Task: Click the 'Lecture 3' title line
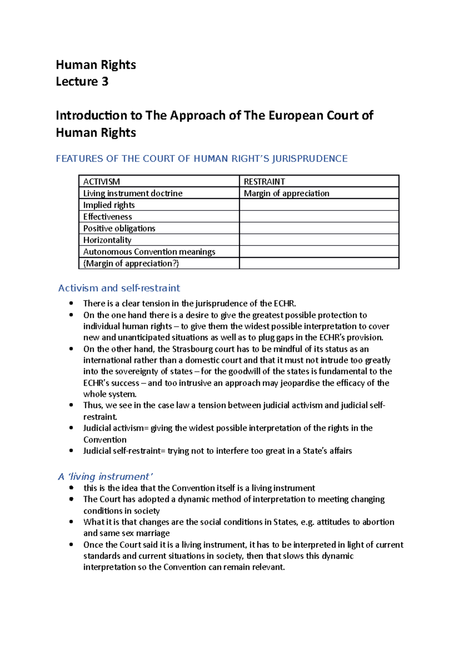(x=82, y=82)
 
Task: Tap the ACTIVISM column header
(x=101, y=181)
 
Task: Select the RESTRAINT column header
(x=264, y=181)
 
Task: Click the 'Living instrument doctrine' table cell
(x=133, y=193)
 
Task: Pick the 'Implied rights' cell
(x=109, y=205)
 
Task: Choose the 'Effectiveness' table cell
(x=107, y=217)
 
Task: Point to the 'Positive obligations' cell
(x=119, y=229)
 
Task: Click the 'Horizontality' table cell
(x=107, y=240)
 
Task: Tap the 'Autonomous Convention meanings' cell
(x=149, y=252)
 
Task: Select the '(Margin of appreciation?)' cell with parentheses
(x=131, y=263)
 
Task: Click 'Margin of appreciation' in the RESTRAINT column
(x=286, y=193)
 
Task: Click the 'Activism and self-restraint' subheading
(x=119, y=288)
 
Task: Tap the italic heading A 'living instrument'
(x=105, y=477)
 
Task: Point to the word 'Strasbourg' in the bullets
(x=191, y=349)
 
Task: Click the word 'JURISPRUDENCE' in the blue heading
(x=309, y=158)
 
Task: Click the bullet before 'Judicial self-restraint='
(x=71, y=451)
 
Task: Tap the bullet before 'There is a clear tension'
(x=71, y=304)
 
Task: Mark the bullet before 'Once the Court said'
(x=71, y=545)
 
